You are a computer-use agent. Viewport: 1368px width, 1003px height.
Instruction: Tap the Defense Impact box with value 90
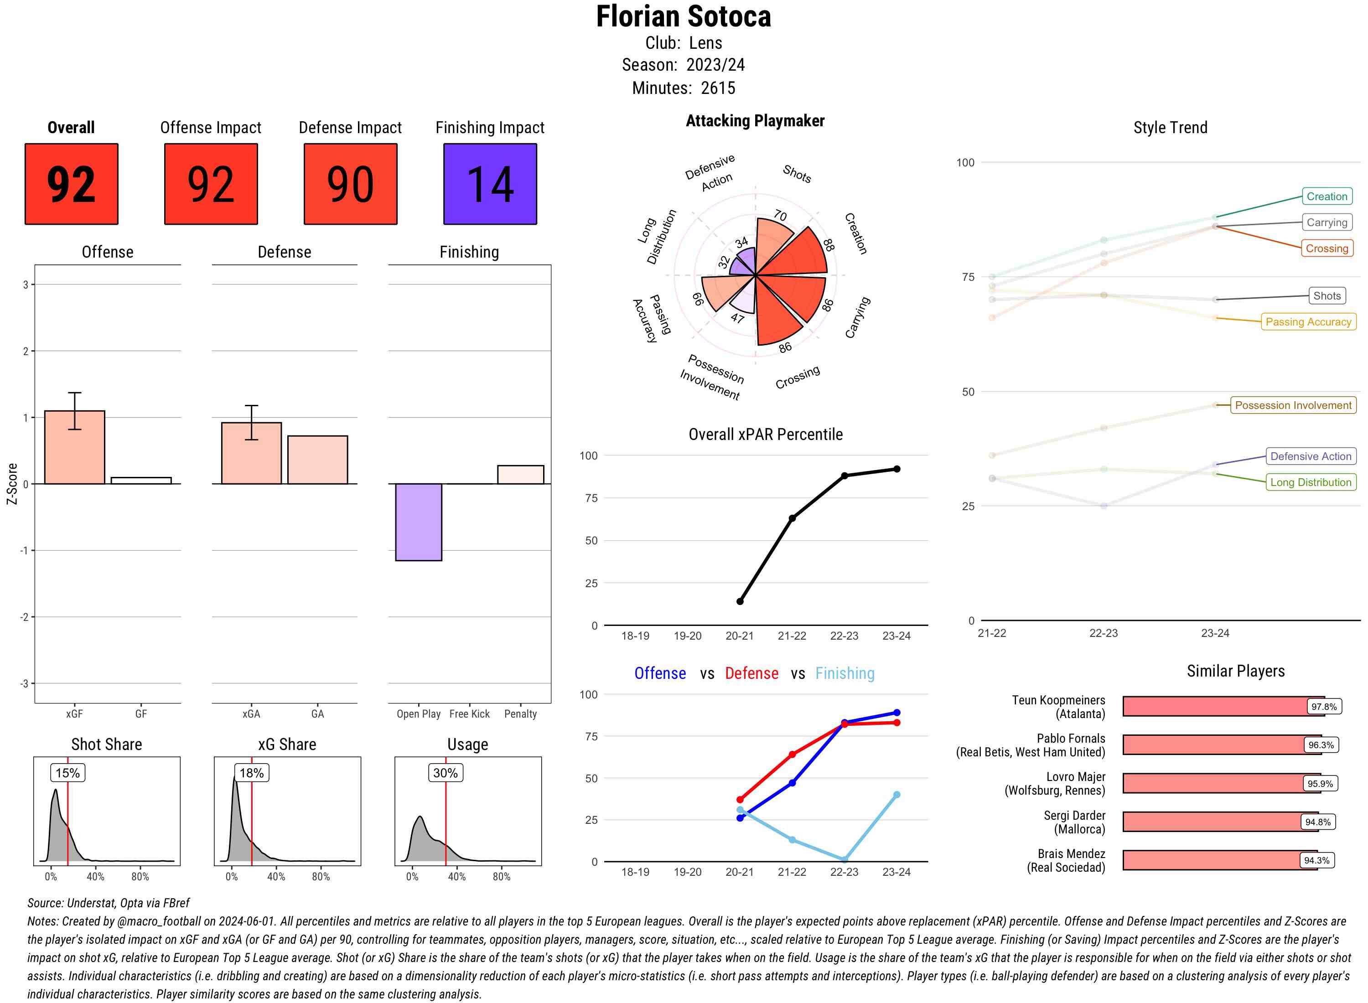coord(350,184)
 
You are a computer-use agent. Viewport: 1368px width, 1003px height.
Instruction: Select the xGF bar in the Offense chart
coord(75,447)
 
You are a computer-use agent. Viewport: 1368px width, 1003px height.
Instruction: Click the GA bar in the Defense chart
coord(317,460)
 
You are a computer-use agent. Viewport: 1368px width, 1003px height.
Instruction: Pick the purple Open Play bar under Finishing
coord(418,522)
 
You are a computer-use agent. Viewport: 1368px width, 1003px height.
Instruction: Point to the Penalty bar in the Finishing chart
coord(520,475)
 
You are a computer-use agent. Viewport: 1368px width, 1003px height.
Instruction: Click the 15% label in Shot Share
coord(67,773)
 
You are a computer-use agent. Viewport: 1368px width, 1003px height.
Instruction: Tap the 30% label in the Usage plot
coord(445,773)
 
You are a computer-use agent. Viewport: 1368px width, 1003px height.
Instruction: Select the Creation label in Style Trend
coord(1327,196)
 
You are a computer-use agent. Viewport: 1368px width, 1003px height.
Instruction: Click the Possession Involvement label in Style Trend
coord(1293,405)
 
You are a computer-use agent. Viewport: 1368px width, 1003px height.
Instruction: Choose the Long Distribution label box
coord(1311,482)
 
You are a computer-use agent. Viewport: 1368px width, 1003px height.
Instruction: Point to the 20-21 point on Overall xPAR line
coord(740,601)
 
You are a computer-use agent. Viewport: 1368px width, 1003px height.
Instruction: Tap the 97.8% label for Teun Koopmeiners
coord(1324,707)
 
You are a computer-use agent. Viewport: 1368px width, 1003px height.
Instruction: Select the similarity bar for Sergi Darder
coord(1220,822)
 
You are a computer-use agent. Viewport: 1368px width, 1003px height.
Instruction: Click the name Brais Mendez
coord(1071,853)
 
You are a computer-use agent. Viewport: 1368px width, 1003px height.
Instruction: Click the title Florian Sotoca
coord(683,16)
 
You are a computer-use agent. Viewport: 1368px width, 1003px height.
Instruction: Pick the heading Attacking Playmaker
coord(755,121)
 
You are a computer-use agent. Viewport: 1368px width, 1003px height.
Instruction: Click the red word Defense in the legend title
coord(751,673)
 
